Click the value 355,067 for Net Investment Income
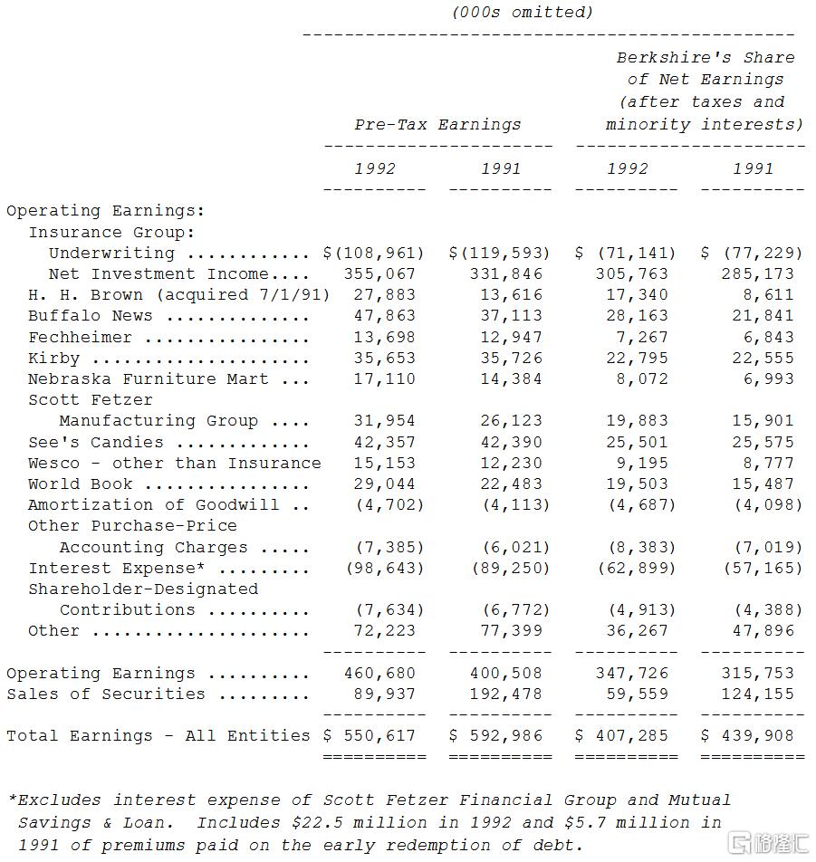379,273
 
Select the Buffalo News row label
90,316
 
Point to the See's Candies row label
96,442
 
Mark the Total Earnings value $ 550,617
374,735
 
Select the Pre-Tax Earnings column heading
437,124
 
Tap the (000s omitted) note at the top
523,12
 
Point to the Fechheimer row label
80,337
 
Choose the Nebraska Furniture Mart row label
148,378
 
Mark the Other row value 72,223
385,630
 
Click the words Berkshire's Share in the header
706,57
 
